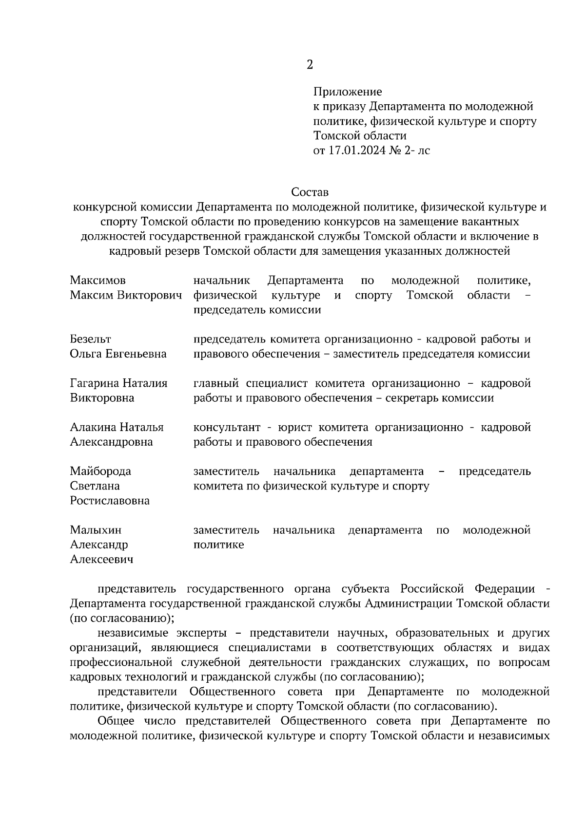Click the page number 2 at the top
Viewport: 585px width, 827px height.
pos(310,64)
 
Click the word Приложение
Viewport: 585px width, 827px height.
pos(348,92)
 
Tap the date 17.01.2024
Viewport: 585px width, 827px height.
pos(355,150)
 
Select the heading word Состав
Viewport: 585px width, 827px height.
pos(310,192)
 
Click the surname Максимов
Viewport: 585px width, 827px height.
pos(97,281)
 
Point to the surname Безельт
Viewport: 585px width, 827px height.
pos(90,339)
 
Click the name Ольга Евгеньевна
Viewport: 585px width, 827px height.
pos(118,354)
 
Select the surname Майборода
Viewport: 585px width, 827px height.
pos(100,471)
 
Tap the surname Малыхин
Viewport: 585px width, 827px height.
pos(96,530)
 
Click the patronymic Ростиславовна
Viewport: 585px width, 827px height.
pos(110,501)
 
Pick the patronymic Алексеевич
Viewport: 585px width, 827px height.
pos(101,560)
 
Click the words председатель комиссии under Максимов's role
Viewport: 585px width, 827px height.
pos(257,310)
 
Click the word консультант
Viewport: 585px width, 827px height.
pos(227,428)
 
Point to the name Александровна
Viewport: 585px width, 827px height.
pos(111,442)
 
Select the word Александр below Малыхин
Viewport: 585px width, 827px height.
pos(99,545)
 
